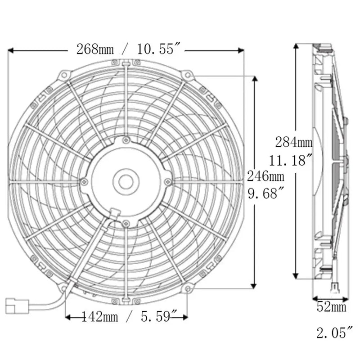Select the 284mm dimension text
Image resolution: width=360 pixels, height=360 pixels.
point(294,143)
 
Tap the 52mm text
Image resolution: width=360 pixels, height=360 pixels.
point(331,308)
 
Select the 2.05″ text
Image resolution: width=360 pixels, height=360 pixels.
point(333,333)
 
